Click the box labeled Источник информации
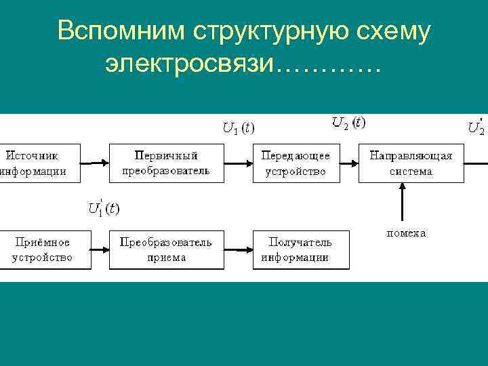click(x=39, y=163)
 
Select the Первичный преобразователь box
click(x=166, y=163)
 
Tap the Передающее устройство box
click(x=296, y=163)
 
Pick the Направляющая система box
click(x=411, y=163)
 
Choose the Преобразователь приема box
click(x=166, y=249)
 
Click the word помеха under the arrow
click(x=406, y=233)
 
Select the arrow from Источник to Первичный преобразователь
click(x=94, y=163)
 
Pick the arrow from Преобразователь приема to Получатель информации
click(x=235, y=249)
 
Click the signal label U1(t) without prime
click(x=239, y=127)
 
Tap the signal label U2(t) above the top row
click(x=348, y=123)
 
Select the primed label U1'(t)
click(x=103, y=208)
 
